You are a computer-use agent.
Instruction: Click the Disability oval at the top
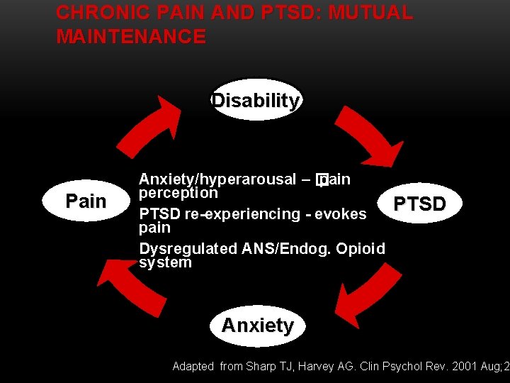[x=256, y=101]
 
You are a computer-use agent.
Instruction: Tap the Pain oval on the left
[x=86, y=201]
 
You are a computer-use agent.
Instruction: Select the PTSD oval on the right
[x=420, y=204]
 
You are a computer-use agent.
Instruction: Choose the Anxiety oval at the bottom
[x=257, y=326]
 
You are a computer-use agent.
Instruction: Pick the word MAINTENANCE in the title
[x=131, y=36]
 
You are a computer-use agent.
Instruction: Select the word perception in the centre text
[x=178, y=193]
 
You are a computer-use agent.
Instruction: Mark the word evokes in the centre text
[x=340, y=213]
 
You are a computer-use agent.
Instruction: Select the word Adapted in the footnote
[x=193, y=366]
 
